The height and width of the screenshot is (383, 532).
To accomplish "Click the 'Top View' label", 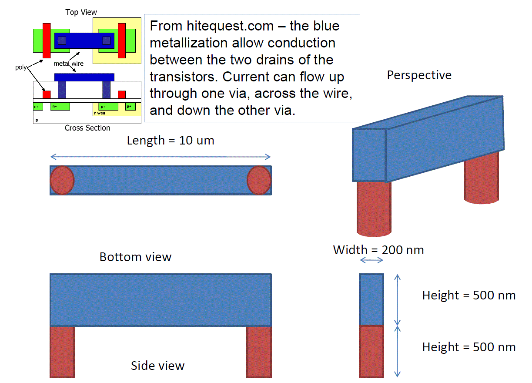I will (81, 12).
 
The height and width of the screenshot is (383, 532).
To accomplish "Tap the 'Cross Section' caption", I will (87, 128).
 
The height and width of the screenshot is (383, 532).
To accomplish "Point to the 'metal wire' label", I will (68, 64).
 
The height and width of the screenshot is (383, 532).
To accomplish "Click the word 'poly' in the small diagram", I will (21, 68).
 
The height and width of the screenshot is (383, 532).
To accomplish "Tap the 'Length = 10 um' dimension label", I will (171, 141).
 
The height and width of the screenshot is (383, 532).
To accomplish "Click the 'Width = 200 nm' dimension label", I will (378, 250).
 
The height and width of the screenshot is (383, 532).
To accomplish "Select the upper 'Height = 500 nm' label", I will (468, 296).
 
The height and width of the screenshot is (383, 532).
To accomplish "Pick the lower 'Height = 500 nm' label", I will (468, 347).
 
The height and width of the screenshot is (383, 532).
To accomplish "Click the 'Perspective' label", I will (419, 75).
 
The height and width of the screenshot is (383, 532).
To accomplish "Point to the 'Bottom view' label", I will (135, 257).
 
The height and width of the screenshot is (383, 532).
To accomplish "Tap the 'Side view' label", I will (157, 366).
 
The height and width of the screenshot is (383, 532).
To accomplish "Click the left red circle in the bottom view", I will (63, 180).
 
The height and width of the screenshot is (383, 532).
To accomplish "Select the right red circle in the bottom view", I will (259, 180).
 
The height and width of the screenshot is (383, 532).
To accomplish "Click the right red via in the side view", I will (259, 351).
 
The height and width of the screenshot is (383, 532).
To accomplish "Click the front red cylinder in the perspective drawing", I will (373, 209).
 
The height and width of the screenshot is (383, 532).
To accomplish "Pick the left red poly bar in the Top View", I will (47, 40).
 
